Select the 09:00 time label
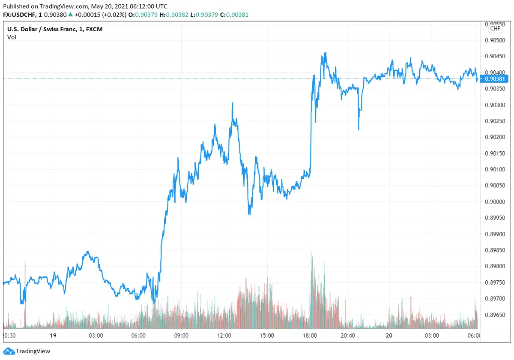tap(181, 336)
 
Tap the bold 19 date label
tap(54, 336)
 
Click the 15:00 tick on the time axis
tap(267, 336)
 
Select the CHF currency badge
tap(495, 29)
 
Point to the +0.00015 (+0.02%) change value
tap(100, 15)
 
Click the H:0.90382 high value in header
tap(173, 15)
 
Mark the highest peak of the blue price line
tap(326, 53)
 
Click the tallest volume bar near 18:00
tap(311, 253)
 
